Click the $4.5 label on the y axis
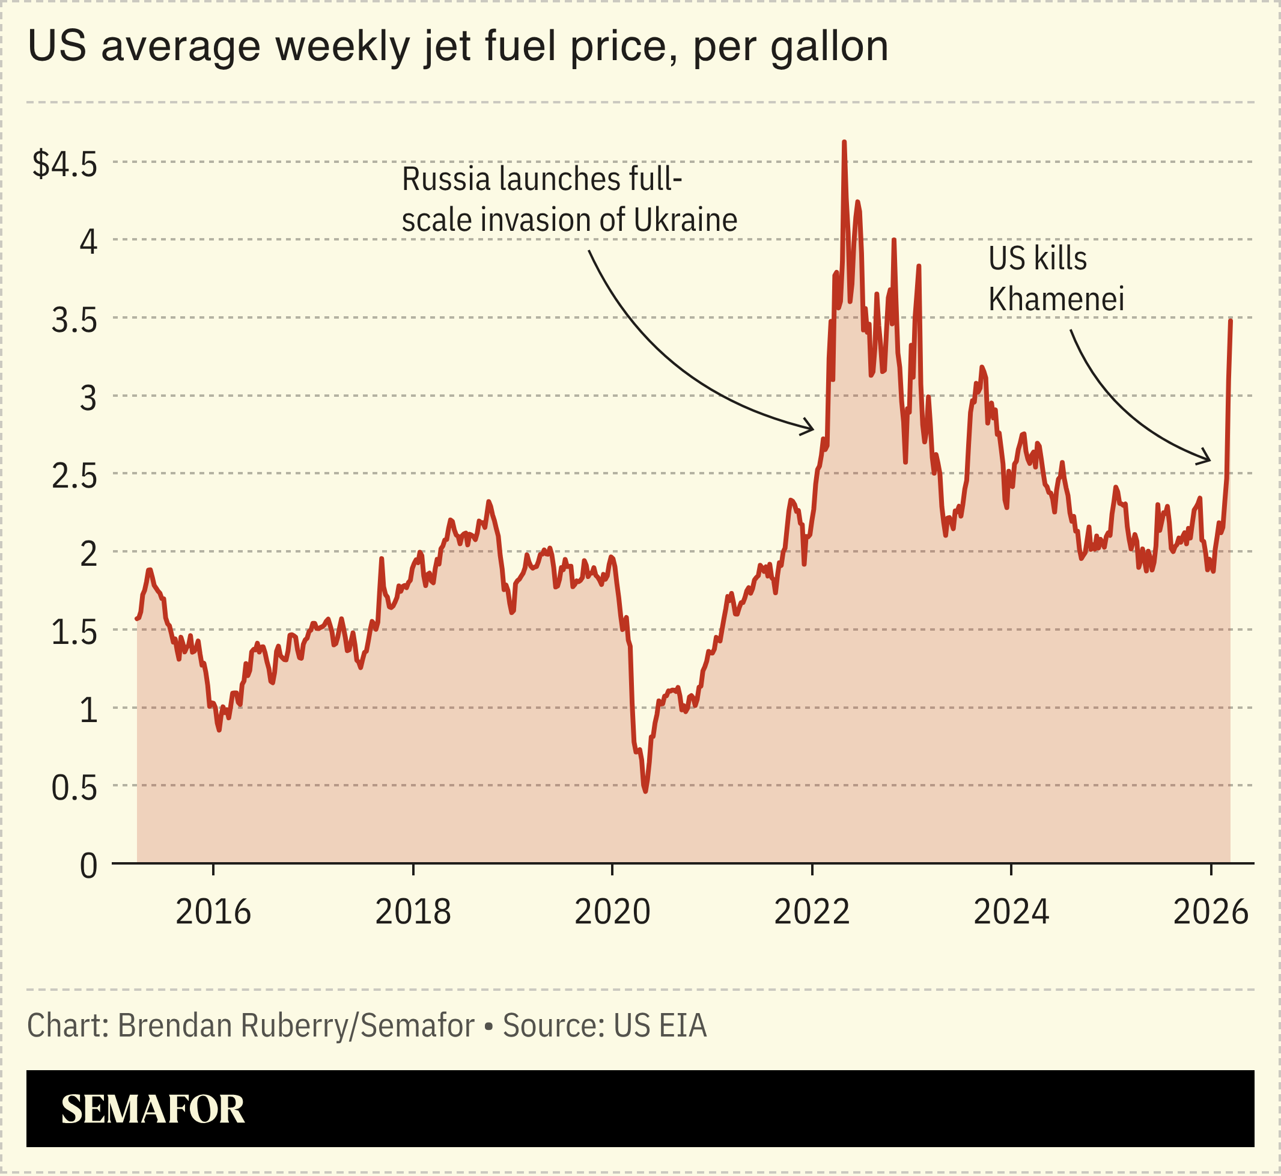point(65,165)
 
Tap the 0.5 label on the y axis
point(75,788)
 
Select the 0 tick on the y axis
point(88,866)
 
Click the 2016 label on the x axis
point(213,913)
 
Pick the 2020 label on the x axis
point(612,913)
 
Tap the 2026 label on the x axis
point(1210,913)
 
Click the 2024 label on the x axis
point(1011,913)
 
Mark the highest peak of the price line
point(844,142)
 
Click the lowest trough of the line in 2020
point(645,791)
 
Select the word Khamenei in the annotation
point(1056,299)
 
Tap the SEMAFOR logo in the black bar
point(153,1109)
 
